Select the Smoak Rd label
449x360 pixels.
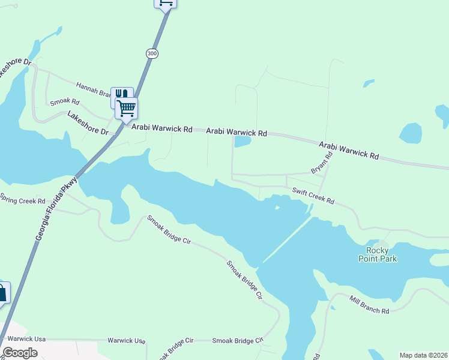(64, 102)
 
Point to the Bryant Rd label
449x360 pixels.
(322, 163)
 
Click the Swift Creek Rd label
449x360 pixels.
(313, 196)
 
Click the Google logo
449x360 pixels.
(20, 352)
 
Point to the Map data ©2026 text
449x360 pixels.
(423, 355)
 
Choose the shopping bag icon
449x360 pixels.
(2, 293)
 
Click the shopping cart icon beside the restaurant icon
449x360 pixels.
(127, 109)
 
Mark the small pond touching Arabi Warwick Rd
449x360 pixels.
(242, 142)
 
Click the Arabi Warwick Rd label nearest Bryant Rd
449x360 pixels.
(349, 150)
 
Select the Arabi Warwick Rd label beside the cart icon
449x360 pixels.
(162, 129)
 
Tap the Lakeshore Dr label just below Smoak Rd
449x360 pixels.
(88, 123)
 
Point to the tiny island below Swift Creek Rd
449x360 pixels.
(277, 208)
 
